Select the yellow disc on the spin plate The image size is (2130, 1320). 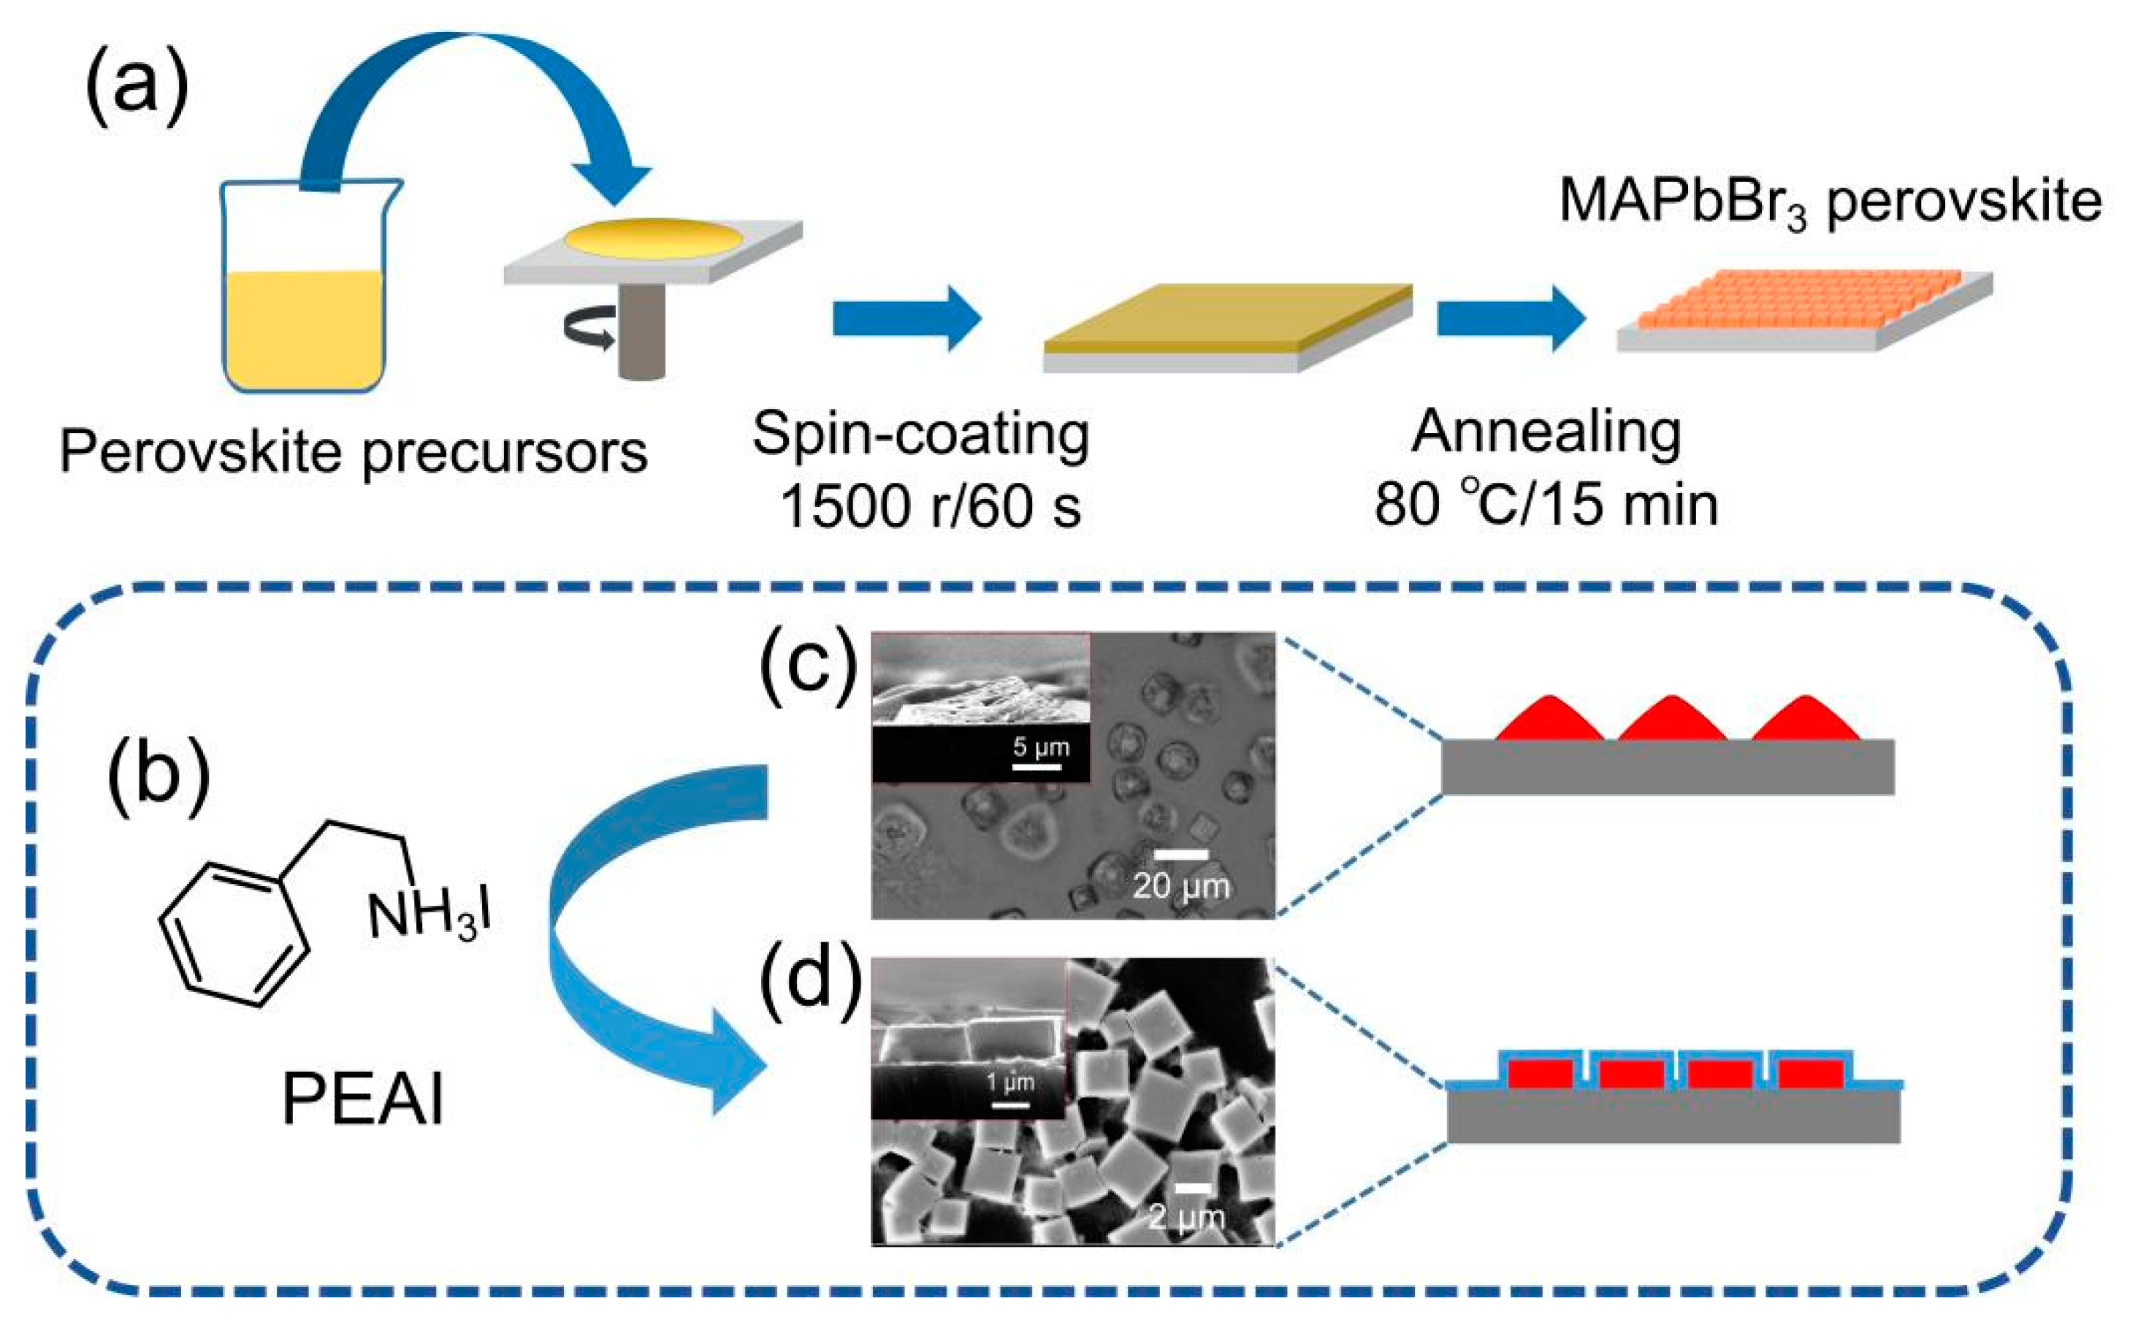[654, 238]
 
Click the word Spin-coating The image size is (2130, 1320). [921, 434]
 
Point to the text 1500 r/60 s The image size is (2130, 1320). [931, 506]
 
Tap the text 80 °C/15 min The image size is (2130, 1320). [1546, 506]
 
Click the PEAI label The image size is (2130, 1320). [362, 1100]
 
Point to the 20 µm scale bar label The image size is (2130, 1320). [1181, 886]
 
